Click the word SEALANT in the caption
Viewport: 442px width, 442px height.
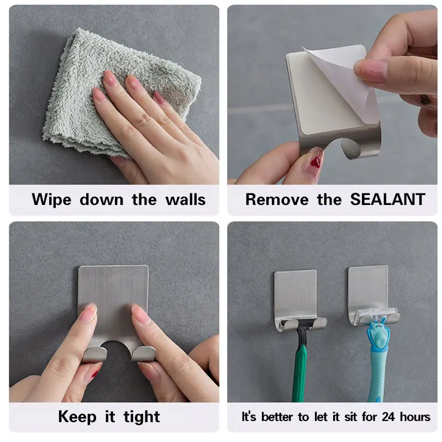point(388,199)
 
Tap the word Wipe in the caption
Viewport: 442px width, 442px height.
point(51,200)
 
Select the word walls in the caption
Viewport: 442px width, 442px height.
point(186,199)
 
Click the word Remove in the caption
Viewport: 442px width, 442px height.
point(277,199)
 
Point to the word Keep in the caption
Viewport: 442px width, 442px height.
point(77,417)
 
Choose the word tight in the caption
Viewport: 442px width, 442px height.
point(142,417)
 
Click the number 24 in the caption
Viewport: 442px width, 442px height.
point(388,417)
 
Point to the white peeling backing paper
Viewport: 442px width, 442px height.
point(344,82)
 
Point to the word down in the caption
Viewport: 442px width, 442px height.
point(102,199)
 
